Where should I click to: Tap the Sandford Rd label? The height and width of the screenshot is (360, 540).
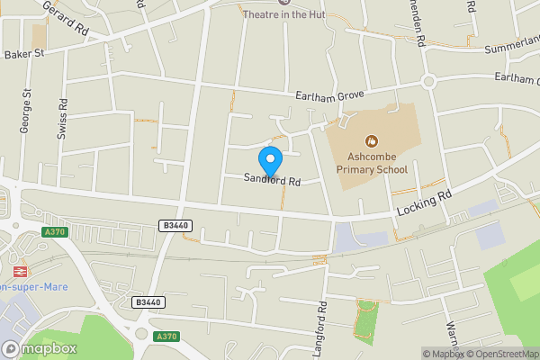click(271, 179)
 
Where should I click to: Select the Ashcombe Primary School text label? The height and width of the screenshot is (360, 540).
click(372, 163)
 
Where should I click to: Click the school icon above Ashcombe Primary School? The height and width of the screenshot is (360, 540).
click(371, 140)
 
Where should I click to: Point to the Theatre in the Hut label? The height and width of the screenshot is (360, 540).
click(283, 14)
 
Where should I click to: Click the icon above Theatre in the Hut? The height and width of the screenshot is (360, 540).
click(260, 3)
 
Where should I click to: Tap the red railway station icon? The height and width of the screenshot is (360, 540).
click(18, 270)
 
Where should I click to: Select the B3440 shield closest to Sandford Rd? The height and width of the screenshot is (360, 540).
click(175, 225)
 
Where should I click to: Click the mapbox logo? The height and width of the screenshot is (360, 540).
click(40, 348)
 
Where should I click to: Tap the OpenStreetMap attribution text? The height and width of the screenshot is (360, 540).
click(500, 354)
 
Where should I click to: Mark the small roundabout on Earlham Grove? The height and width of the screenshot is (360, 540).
click(429, 81)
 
